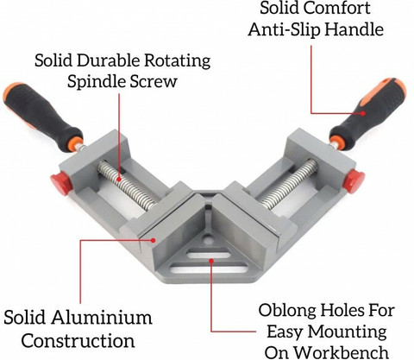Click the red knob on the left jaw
61,184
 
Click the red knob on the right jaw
354,180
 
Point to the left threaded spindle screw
127,186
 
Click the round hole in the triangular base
208,238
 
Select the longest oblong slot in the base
209,268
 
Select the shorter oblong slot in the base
209,254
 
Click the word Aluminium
102,318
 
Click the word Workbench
342,352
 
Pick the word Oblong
287,311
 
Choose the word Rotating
177,61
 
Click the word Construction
78,340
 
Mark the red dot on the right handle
363,113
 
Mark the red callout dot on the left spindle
119,179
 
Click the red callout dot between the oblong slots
211,261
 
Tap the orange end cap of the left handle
11,92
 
